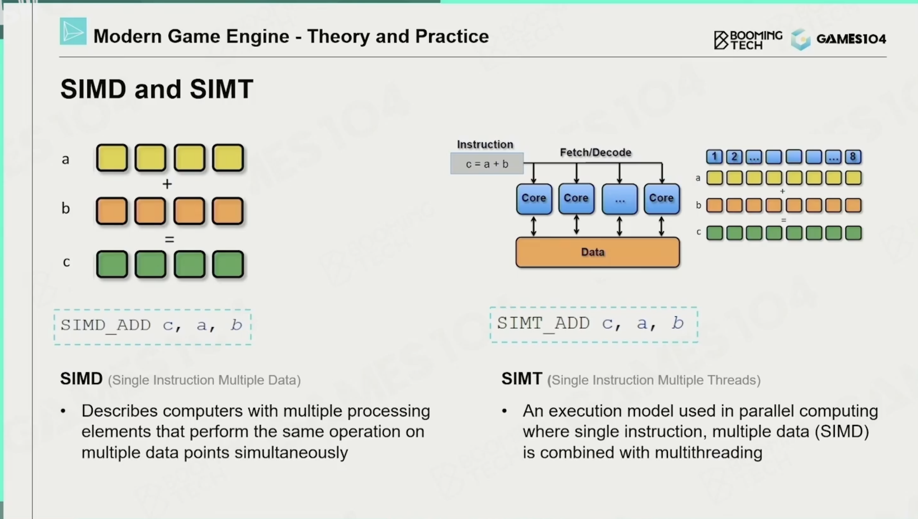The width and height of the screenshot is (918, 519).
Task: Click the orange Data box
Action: click(x=598, y=252)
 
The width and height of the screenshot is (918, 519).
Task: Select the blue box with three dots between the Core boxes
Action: click(x=620, y=199)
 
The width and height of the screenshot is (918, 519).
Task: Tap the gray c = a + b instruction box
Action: click(x=487, y=164)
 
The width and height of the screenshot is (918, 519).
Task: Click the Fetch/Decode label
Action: click(x=596, y=152)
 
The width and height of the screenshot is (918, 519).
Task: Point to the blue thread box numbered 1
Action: click(x=714, y=156)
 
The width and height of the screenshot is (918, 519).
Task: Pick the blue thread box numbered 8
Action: click(x=853, y=156)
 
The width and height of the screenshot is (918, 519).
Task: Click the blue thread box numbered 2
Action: click(x=734, y=156)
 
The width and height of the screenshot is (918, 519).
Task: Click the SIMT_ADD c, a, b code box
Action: click(x=594, y=324)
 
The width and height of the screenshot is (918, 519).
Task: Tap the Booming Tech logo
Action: click(x=748, y=39)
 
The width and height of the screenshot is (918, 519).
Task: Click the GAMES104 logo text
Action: click(x=851, y=39)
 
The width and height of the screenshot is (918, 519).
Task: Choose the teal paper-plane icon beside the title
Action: click(x=73, y=31)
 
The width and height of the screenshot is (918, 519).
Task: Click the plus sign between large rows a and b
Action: click(x=167, y=184)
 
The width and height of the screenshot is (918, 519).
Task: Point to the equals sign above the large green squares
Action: click(x=170, y=239)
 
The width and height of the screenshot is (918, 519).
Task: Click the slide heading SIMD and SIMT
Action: click(x=157, y=89)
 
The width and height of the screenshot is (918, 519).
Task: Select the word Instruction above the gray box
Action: click(x=485, y=145)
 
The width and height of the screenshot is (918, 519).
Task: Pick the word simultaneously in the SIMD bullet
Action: click(x=291, y=452)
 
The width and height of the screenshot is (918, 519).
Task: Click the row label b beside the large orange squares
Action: click(x=66, y=208)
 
